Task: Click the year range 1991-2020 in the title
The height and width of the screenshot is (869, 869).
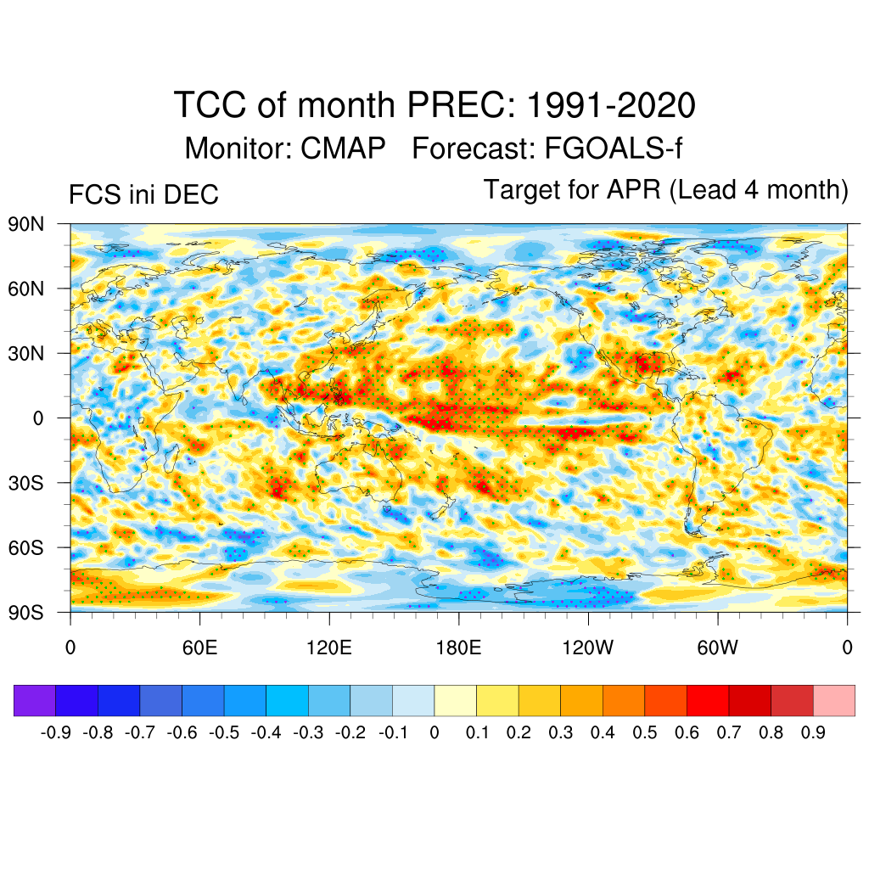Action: click(x=611, y=106)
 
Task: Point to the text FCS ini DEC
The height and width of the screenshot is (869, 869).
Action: click(x=143, y=195)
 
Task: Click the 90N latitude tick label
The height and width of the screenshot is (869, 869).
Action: click(x=26, y=225)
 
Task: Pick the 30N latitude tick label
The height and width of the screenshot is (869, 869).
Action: click(x=26, y=354)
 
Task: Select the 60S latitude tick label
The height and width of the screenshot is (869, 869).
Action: click(x=26, y=547)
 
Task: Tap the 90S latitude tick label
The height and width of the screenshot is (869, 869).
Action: click(x=26, y=612)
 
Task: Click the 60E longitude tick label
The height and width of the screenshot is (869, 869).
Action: click(x=199, y=649)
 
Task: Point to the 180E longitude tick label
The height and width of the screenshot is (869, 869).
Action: click(x=458, y=649)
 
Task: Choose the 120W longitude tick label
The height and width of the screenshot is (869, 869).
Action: click(x=588, y=649)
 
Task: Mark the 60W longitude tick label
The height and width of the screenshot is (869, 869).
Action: click(x=718, y=649)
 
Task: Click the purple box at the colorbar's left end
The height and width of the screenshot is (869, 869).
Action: click(x=35, y=701)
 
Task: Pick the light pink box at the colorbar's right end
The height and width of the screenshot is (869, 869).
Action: click(x=833, y=701)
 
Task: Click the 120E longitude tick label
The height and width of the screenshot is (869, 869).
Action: click(x=329, y=649)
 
